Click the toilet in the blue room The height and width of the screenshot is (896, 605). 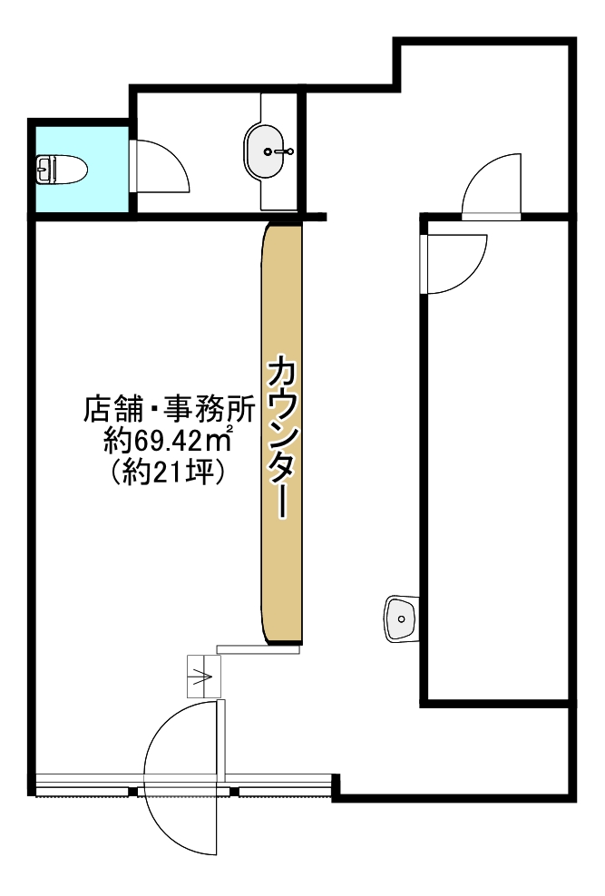[x=62, y=169]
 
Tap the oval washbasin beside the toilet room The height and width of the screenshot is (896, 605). [x=267, y=151]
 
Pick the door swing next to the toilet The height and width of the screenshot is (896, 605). [x=161, y=167]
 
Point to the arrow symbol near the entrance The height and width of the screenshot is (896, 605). [x=204, y=677]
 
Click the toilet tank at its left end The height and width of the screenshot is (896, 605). [x=42, y=169]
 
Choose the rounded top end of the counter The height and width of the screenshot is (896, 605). [x=281, y=232]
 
